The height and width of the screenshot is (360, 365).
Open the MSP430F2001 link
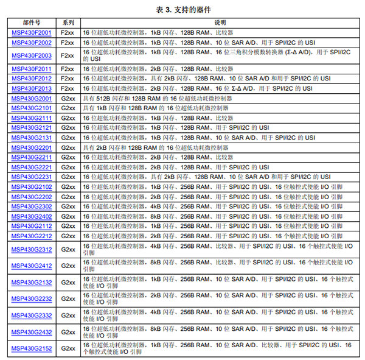tap(32, 32)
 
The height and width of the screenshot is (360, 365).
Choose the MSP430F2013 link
tap(32, 88)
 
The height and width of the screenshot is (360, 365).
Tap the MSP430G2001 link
tap(32, 98)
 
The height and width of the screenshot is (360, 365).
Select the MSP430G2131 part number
tap(32, 138)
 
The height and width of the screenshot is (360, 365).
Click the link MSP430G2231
tap(32, 177)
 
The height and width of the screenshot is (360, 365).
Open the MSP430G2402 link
tap(32, 216)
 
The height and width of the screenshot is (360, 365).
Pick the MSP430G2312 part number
tap(32, 249)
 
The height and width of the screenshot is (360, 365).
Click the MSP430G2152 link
tap(32, 348)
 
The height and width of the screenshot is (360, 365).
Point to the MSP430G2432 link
tap(32, 332)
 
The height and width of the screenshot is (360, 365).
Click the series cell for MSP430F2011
tap(68, 69)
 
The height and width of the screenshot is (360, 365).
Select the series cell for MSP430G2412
tap(68, 266)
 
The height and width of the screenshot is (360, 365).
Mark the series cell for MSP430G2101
tap(68, 108)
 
